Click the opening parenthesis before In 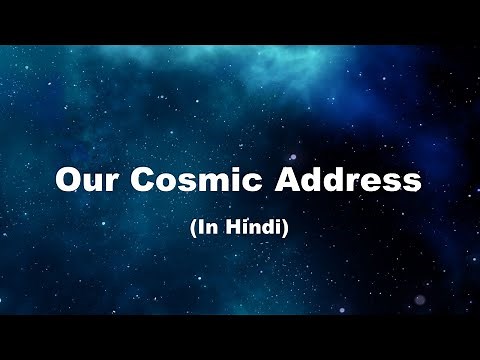tap(193, 228)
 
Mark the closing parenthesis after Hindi tap(286, 228)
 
